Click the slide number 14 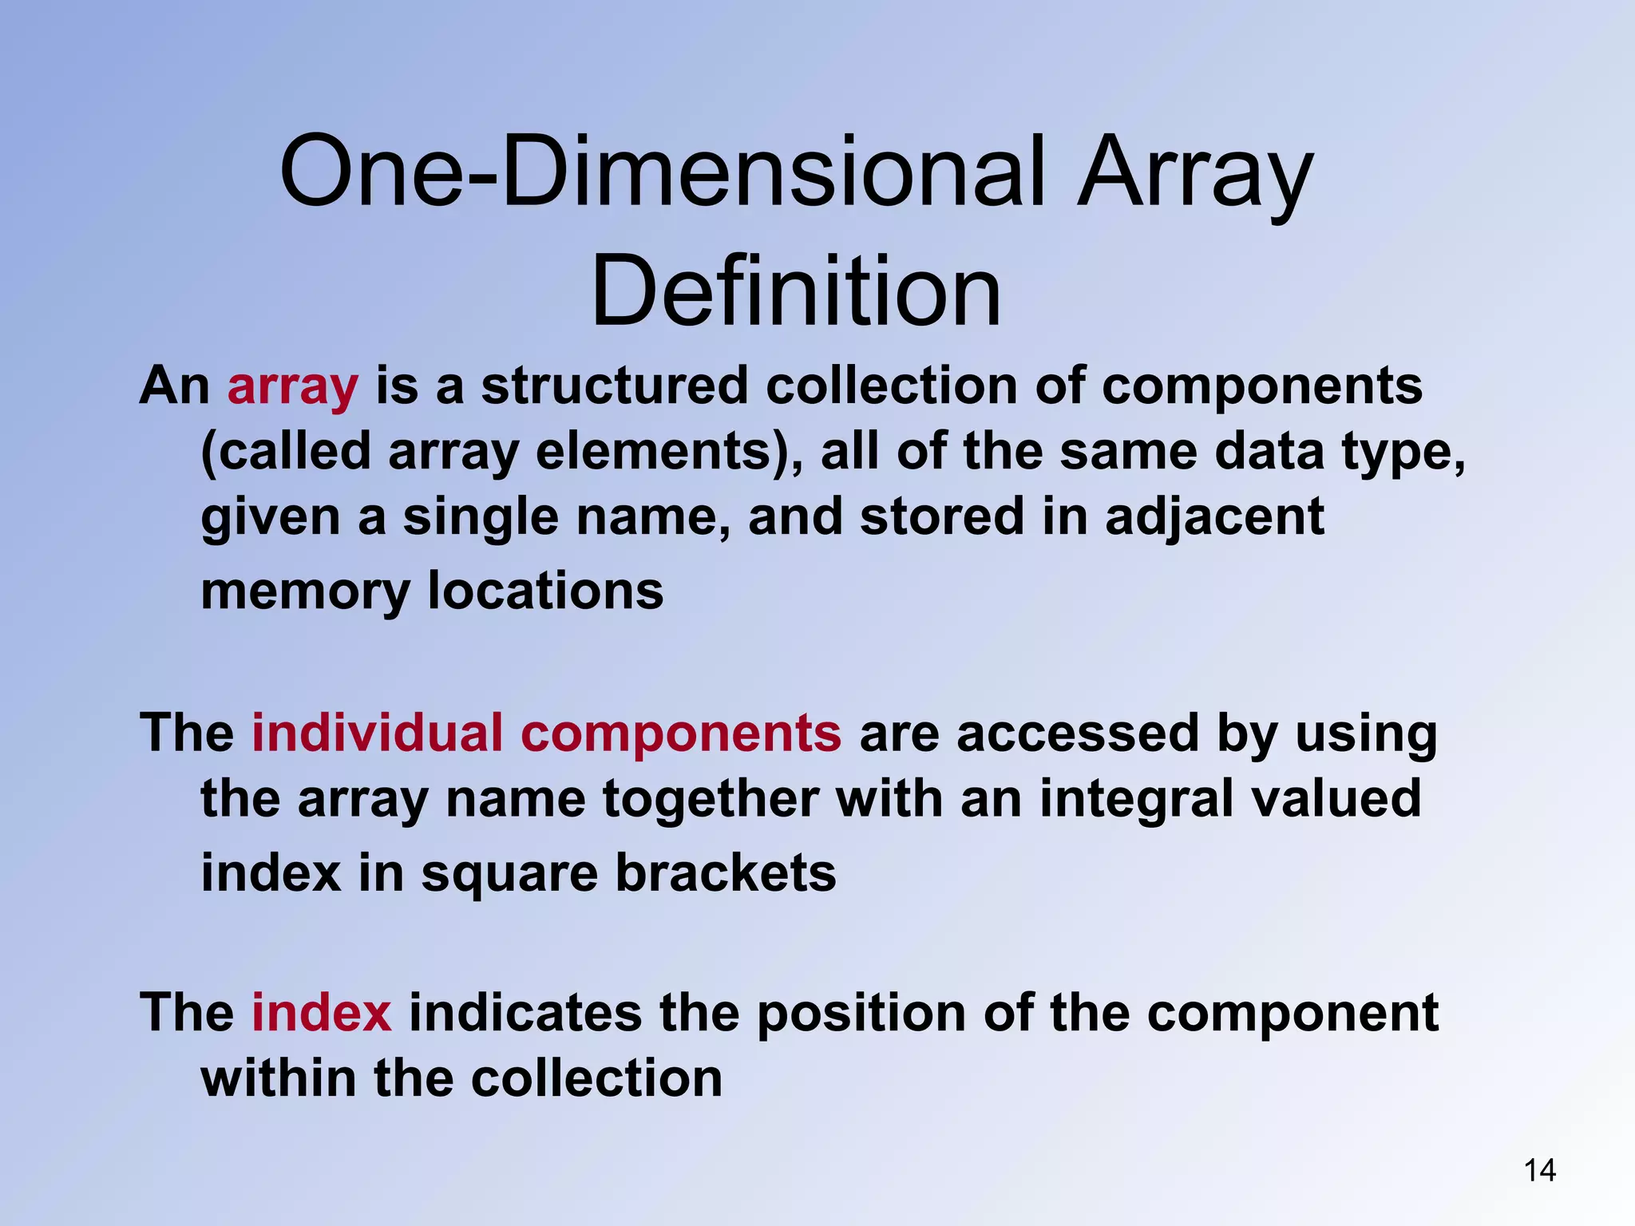1539,1170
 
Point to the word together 711,801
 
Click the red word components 680,734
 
